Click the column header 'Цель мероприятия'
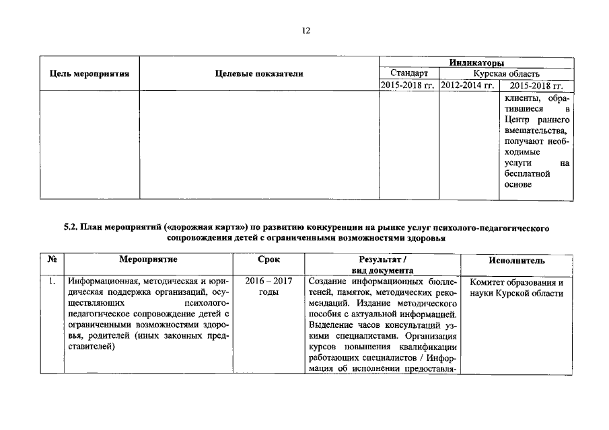click(x=89, y=74)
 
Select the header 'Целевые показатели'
click(x=259, y=74)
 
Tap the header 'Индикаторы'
click(x=476, y=62)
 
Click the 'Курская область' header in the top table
click(x=506, y=74)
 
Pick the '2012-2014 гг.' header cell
click(x=468, y=85)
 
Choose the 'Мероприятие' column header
click(x=148, y=259)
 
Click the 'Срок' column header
click(x=268, y=259)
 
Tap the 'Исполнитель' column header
click(x=516, y=259)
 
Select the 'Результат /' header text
click(x=383, y=259)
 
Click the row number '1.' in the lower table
click(x=51, y=282)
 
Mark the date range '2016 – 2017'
click(x=268, y=282)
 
